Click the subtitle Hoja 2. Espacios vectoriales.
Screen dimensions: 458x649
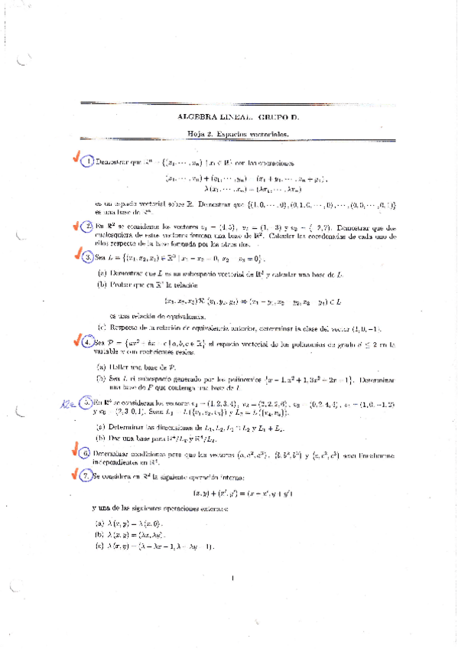[239, 134]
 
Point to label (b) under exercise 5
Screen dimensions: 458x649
[101, 437]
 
